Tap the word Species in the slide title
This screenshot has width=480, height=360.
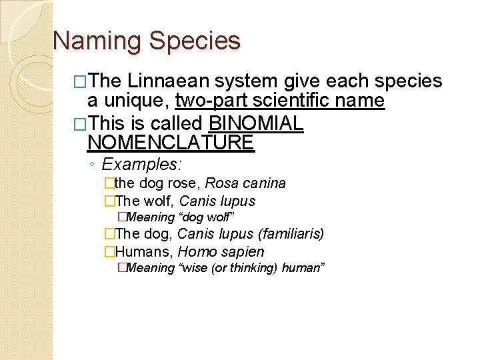click(195, 41)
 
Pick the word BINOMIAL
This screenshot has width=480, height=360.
click(257, 123)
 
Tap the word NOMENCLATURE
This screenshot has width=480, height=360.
click(171, 142)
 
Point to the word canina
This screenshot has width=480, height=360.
click(265, 183)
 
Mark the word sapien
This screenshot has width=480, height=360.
click(243, 252)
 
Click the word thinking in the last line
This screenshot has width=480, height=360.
click(254, 268)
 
